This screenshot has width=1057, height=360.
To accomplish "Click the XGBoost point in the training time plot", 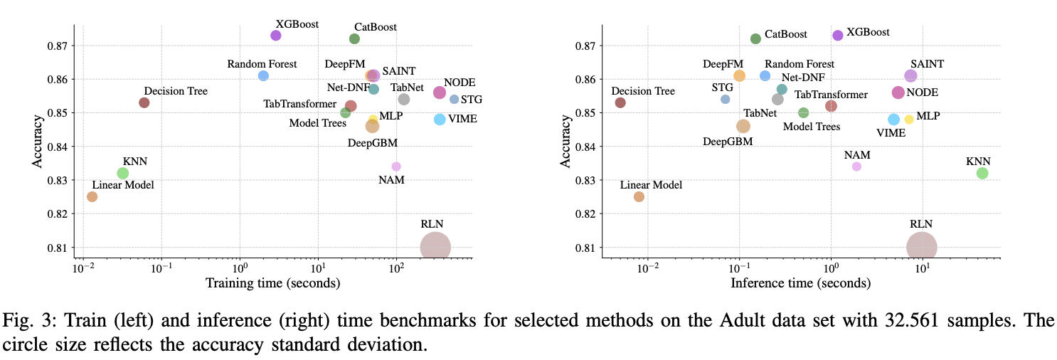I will pyautogui.click(x=276, y=36).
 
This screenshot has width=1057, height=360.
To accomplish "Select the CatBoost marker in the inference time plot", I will pyautogui.click(x=755, y=38).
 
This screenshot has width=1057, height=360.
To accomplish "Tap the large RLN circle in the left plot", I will pyautogui.click(x=435, y=247).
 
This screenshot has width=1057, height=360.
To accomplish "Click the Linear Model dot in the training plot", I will pyautogui.click(x=92, y=196).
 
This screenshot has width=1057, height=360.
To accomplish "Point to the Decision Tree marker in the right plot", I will pyautogui.click(x=620, y=102).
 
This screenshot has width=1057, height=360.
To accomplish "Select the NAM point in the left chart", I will pyautogui.click(x=396, y=166).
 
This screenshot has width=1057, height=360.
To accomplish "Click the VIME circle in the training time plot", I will pyautogui.click(x=440, y=120).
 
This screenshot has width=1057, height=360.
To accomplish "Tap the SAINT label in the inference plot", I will pyautogui.click(x=928, y=64).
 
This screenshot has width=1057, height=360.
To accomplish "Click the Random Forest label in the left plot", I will pyautogui.click(x=262, y=64).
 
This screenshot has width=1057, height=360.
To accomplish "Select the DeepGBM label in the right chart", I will pyautogui.click(x=728, y=141).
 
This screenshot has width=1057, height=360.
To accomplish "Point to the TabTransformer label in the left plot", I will pyautogui.click(x=299, y=104).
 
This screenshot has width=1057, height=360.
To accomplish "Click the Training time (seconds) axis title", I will pyautogui.click(x=272, y=283).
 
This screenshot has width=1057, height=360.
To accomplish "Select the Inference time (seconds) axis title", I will pyautogui.click(x=800, y=283).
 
